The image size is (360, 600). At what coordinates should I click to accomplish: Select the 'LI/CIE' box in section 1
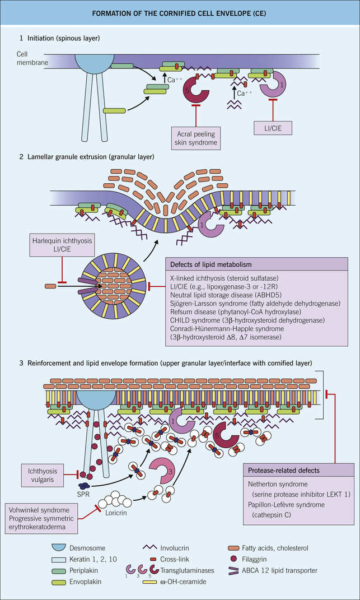[273, 127]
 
